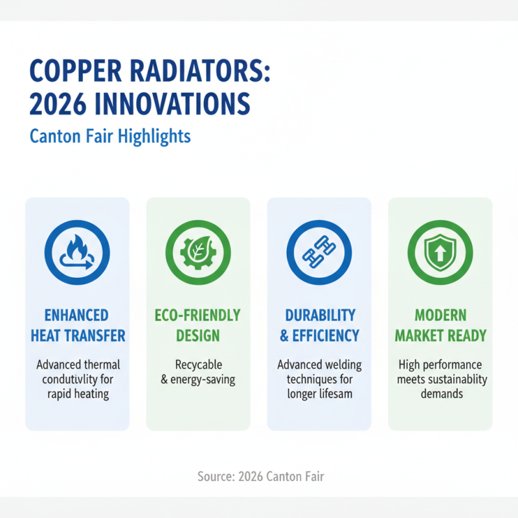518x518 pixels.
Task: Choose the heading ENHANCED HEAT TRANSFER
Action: pos(77,325)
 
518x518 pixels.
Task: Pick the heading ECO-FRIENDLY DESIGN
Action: pos(197,325)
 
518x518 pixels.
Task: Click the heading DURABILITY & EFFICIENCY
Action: pos(319,325)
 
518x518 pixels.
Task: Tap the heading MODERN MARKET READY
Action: pos(440,325)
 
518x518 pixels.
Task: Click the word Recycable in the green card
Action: pos(197,365)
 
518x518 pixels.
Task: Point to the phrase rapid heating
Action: pos(77,393)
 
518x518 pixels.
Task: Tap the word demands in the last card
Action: pos(440,393)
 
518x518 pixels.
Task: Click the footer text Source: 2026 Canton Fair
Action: pos(260,477)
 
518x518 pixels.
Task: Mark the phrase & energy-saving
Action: pos(197,379)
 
